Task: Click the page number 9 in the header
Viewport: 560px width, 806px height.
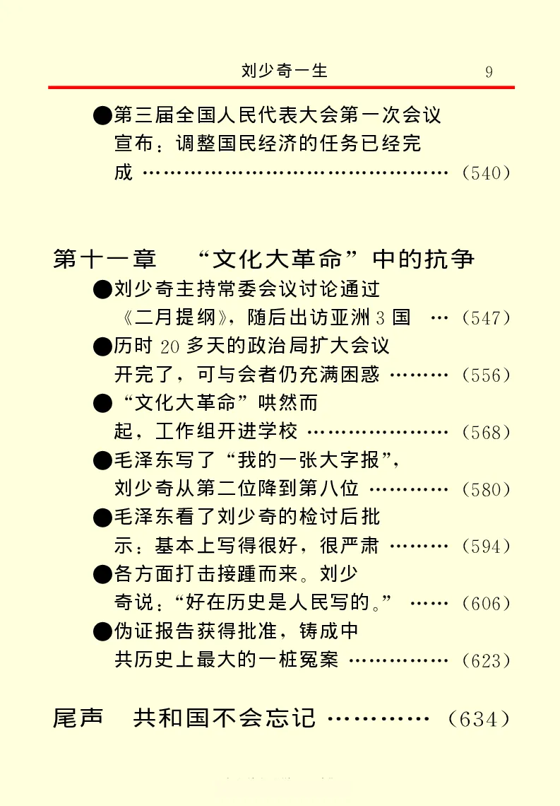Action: pyautogui.click(x=489, y=71)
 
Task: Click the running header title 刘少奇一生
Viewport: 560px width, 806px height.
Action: pyautogui.click(x=285, y=71)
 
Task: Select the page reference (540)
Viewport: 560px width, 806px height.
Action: pyautogui.click(x=485, y=173)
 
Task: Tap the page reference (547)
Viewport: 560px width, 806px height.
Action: pyautogui.click(x=485, y=317)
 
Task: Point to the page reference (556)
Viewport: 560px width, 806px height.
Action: pyautogui.click(x=485, y=375)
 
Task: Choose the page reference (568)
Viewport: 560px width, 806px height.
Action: pyautogui.click(x=485, y=432)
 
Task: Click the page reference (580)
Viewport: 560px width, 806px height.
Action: pyautogui.click(x=485, y=489)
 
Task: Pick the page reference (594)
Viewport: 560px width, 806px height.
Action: pyautogui.click(x=485, y=547)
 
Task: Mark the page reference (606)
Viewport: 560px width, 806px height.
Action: pyautogui.click(x=485, y=604)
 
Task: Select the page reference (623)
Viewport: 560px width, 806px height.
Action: pyautogui.click(x=485, y=661)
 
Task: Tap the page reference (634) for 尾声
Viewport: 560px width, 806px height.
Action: pyautogui.click(x=479, y=719)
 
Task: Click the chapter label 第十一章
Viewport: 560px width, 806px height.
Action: pyautogui.click(x=105, y=259)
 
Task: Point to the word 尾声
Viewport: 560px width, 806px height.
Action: pyautogui.click(x=78, y=718)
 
